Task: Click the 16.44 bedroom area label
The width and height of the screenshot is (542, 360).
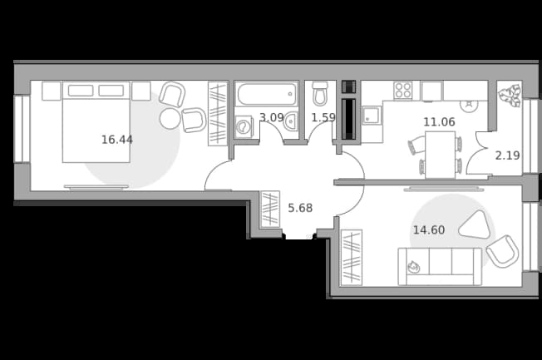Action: tap(117, 140)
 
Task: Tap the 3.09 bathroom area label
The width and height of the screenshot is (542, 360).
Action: tap(272, 117)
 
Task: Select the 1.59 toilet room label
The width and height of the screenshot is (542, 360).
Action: tap(323, 117)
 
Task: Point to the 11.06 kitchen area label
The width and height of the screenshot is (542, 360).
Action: tap(440, 121)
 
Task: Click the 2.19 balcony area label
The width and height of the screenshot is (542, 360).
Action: tap(507, 155)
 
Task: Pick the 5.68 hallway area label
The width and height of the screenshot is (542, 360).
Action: tap(300, 208)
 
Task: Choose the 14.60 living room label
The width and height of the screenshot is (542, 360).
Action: tap(429, 230)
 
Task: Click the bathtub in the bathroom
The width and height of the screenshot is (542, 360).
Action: tap(267, 94)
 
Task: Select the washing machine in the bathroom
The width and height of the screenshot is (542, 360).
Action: tap(244, 126)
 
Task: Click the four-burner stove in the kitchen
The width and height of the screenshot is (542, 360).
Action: tap(403, 91)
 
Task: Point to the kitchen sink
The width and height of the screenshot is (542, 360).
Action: tap(372, 116)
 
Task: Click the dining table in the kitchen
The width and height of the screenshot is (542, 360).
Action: tap(440, 155)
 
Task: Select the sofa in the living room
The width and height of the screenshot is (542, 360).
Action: tap(440, 266)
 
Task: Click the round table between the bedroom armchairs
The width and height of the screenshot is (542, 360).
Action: tap(170, 119)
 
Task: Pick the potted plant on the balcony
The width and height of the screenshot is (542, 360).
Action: tap(510, 95)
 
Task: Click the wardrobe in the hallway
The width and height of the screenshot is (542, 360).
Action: tap(270, 210)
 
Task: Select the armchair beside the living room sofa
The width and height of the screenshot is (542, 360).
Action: tap(503, 251)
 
